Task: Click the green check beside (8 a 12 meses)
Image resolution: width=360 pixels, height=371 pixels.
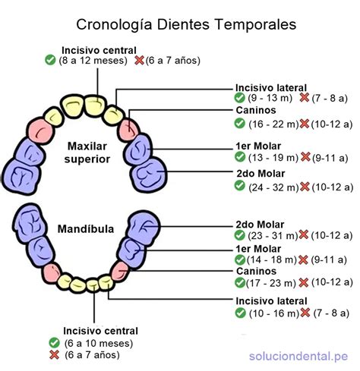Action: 51,60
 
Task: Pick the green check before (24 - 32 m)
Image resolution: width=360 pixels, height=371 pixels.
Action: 240,186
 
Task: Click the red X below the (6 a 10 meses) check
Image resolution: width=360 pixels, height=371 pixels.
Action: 53,354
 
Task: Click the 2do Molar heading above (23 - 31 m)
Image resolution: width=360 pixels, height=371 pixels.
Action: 260,225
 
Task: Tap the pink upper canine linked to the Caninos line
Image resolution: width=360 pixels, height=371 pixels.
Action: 130,126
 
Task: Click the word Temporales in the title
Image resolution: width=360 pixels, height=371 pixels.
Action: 249,25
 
